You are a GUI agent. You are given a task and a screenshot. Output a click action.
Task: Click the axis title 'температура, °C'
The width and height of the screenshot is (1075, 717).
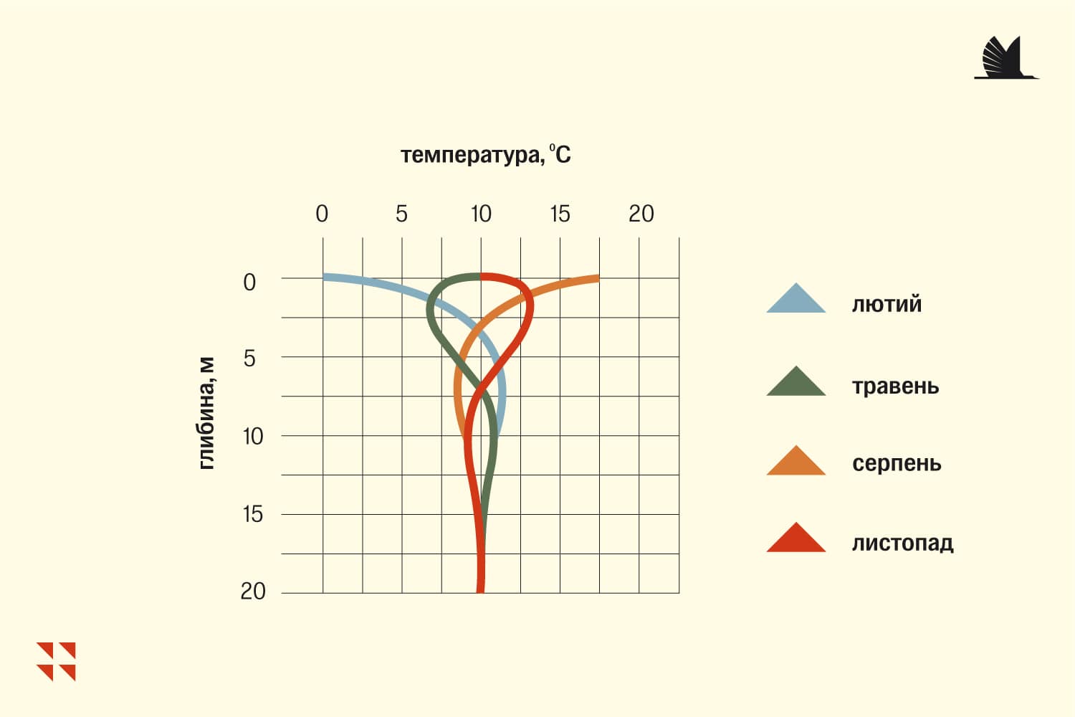click(x=486, y=155)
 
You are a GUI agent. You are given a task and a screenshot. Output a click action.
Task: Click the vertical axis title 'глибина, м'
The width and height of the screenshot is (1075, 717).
click(x=207, y=413)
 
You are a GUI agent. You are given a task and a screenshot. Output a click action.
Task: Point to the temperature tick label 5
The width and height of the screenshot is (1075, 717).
click(x=401, y=214)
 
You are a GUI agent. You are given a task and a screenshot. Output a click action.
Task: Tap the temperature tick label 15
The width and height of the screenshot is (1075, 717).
click(x=560, y=214)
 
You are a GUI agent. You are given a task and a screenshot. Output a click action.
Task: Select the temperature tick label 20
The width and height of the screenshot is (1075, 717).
click(x=641, y=214)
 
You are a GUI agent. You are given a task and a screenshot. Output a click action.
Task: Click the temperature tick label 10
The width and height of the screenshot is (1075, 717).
click(x=481, y=214)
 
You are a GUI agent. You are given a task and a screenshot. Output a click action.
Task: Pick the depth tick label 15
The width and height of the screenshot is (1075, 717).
click(x=253, y=514)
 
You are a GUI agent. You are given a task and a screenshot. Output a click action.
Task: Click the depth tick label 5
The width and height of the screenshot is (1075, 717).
click(x=249, y=358)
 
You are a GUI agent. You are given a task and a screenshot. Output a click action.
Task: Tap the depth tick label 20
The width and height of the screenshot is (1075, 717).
click(x=253, y=592)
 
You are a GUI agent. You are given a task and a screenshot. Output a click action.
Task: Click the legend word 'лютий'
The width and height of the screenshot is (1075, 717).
click(x=887, y=305)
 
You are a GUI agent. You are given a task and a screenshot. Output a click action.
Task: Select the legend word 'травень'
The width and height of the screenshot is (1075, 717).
click(x=896, y=386)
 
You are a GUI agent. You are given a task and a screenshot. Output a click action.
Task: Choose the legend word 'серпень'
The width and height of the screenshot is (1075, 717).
click(x=897, y=464)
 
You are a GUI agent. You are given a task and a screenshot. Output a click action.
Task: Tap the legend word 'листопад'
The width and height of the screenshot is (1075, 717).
click(x=903, y=543)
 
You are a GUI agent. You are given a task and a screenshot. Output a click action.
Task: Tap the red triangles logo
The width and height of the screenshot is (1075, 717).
click(x=56, y=661)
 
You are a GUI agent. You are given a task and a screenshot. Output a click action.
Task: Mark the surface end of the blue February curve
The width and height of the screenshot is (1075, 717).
click(x=325, y=277)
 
